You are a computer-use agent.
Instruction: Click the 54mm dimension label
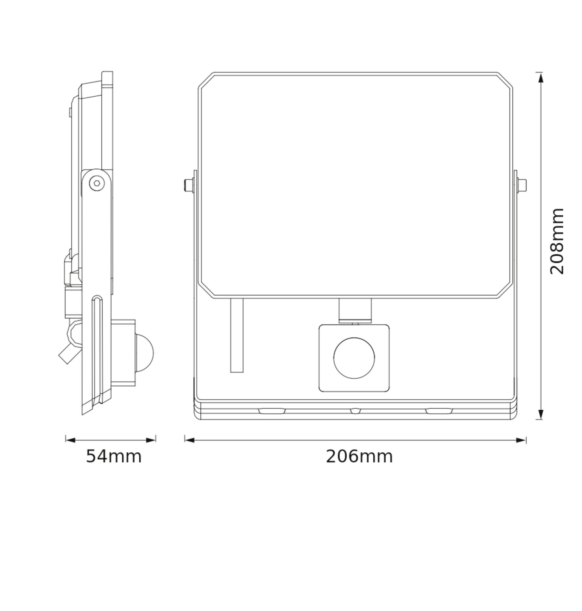coord(113,456)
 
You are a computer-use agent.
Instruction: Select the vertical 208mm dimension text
coord(556,241)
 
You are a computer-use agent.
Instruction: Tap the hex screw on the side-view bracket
coord(97,183)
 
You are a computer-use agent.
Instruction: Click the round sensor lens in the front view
coord(354,358)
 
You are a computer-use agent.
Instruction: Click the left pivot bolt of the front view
coord(188,185)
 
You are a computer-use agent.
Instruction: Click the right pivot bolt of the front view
coord(522,185)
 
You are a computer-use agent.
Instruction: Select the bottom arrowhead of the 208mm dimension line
coord(541,414)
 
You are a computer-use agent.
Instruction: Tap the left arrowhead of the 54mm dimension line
coord(70,440)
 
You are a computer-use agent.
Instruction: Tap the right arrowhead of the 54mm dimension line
coord(151,440)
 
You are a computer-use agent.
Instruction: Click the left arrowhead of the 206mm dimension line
coord(189,440)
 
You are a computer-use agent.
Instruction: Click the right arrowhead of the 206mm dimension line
coord(521,440)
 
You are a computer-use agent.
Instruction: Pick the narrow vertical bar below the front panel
coord(237,335)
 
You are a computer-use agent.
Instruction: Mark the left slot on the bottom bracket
coord(272,411)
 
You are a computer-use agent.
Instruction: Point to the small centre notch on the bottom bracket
coord(356,411)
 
